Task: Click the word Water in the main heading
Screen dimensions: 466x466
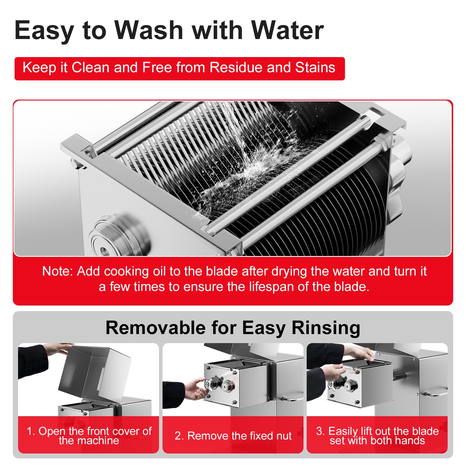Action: pos(287,30)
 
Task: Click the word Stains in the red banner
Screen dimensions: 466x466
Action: pos(315,68)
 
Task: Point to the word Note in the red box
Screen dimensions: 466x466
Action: pos(57,271)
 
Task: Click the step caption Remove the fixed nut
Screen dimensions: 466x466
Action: pos(233,436)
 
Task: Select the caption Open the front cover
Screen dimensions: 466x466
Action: pos(89,436)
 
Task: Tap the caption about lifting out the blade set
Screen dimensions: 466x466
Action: pos(377,436)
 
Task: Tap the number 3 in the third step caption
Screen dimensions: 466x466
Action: pos(320,431)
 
